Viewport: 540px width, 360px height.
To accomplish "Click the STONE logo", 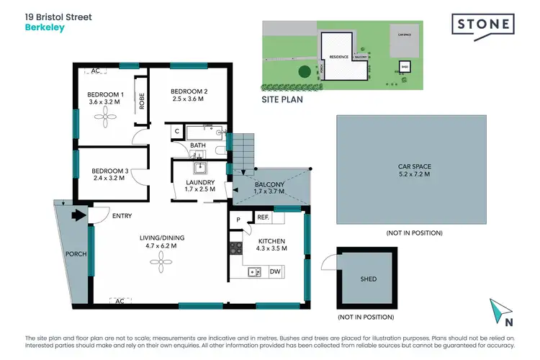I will [x=484, y=24].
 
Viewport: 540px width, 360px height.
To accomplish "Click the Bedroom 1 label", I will [x=106, y=95].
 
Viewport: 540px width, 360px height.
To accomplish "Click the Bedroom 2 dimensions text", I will [x=189, y=99].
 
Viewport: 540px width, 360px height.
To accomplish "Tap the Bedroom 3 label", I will [x=111, y=171].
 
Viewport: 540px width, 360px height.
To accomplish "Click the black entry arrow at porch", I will [x=75, y=213].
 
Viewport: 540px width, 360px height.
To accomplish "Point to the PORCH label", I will [x=75, y=253].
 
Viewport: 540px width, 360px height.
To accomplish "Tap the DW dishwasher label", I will [x=274, y=271].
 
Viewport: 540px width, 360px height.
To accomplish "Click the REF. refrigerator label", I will [x=263, y=217].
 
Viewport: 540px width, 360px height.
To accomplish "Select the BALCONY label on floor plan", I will [x=269, y=185].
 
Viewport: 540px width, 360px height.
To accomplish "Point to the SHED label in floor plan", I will [x=368, y=279].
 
